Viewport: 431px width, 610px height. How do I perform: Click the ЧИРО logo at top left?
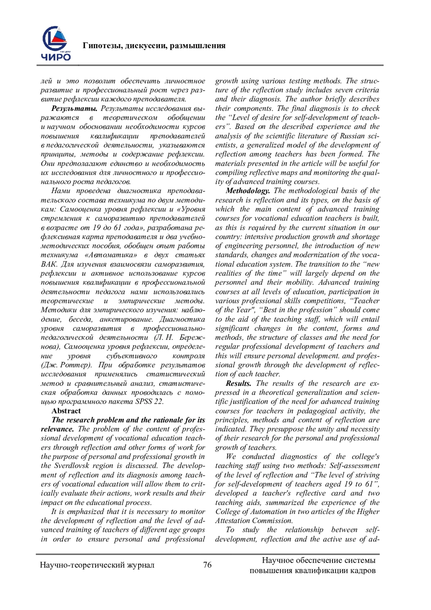click(56, 43)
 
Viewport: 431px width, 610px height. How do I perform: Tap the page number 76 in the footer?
click(207, 565)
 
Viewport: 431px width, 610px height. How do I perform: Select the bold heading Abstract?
click(66, 411)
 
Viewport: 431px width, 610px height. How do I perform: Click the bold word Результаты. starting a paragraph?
click(74, 108)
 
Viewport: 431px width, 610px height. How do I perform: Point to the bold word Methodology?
click(248, 191)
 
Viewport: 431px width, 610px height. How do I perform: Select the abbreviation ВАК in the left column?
click(48, 264)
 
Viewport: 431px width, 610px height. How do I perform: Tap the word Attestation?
click(233, 520)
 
